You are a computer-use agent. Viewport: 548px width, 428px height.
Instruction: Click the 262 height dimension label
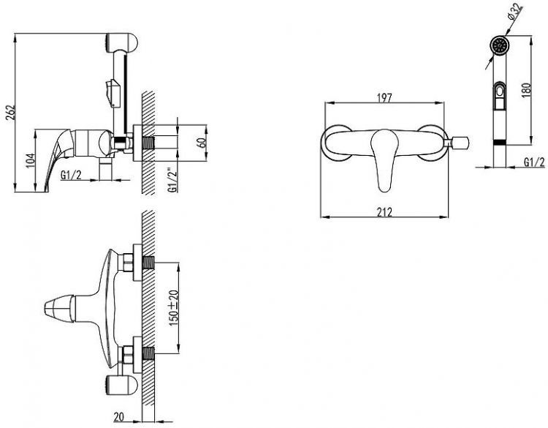(x=11, y=112)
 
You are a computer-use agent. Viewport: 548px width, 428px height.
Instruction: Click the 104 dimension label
(x=31, y=161)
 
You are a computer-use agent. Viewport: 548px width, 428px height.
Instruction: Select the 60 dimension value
(x=202, y=143)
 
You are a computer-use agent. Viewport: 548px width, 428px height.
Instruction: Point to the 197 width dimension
(x=384, y=97)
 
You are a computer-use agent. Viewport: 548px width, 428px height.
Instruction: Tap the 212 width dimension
(x=384, y=212)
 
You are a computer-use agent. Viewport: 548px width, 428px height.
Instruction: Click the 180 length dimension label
(x=526, y=90)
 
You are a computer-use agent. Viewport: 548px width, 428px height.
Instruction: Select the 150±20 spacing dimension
(x=174, y=308)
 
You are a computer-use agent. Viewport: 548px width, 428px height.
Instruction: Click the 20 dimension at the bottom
(x=119, y=416)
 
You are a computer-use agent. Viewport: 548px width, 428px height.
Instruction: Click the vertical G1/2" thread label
(x=172, y=180)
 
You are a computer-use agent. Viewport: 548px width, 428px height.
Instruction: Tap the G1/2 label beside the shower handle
(x=534, y=162)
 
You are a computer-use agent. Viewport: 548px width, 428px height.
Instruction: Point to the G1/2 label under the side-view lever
(x=71, y=174)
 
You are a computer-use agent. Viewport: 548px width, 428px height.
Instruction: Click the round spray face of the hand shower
(x=500, y=46)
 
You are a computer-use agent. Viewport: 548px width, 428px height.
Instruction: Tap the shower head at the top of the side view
(x=121, y=43)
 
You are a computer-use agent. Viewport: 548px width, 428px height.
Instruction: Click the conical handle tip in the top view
(x=59, y=309)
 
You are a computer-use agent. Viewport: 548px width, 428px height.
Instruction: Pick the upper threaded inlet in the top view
(x=148, y=263)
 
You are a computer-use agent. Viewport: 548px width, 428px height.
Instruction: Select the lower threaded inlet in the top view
(x=148, y=353)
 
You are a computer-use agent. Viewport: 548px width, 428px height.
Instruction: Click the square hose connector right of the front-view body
(x=460, y=143)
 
